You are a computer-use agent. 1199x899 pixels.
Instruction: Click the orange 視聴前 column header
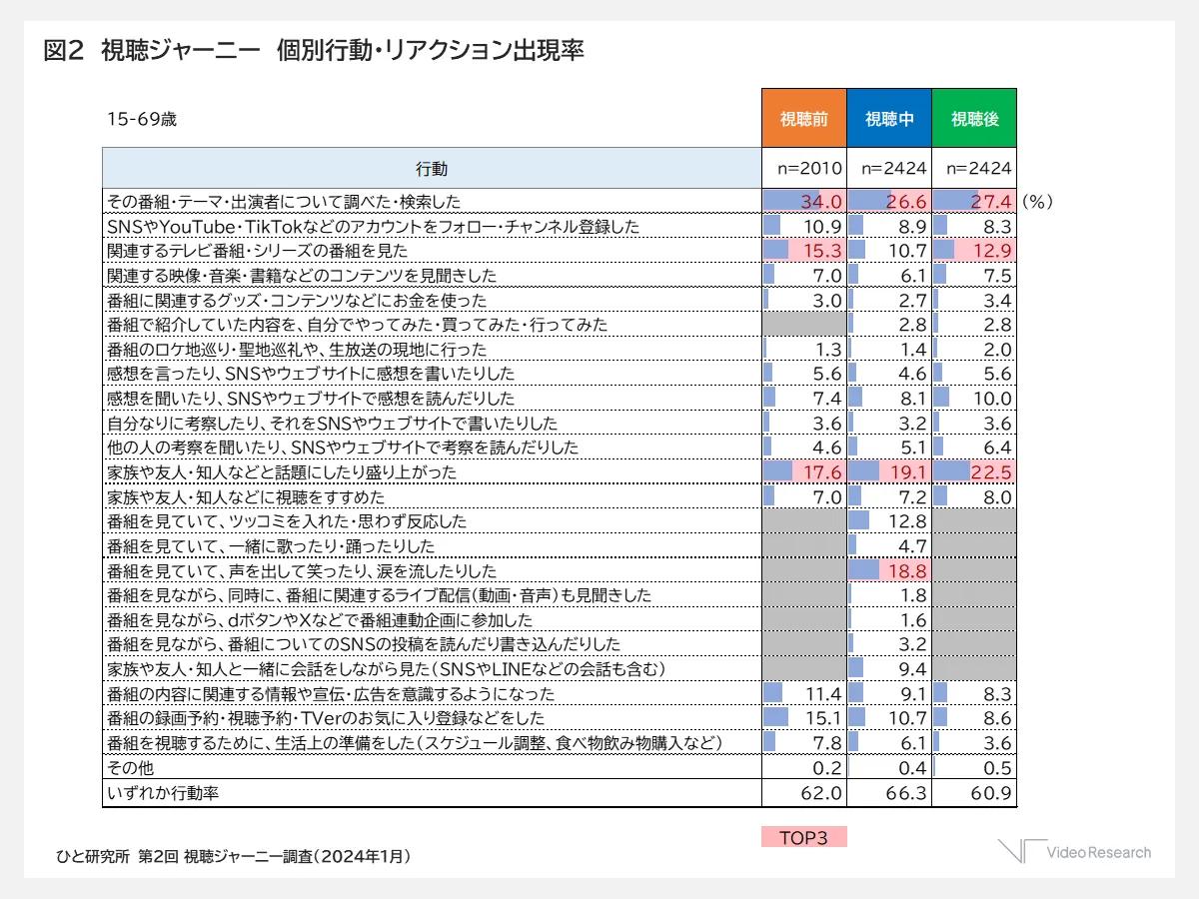click(804, 119)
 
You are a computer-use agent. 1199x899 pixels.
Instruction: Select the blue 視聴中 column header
click(889, 119)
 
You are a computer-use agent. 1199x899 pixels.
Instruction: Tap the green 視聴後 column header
click(974, 119)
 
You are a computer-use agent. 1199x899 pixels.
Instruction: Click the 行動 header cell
click(432, 168)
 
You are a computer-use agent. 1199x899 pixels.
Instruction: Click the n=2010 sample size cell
click(804, 168)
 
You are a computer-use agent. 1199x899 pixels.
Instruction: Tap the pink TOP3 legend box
click(804, 837)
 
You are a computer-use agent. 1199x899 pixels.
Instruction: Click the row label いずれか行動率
click(162, 793)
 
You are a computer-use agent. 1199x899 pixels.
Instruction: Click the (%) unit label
click(1038, 202)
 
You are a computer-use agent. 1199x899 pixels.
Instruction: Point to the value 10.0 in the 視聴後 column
click(992, 399)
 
